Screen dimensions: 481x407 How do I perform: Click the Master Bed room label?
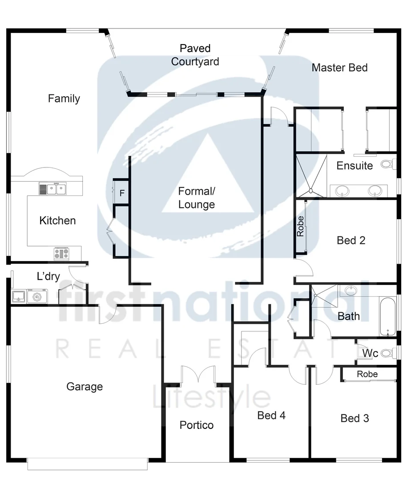click(x=339, y=68)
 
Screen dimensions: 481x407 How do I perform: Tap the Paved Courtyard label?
click(x=195, y=55)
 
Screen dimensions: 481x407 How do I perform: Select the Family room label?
click(x=64, y=98)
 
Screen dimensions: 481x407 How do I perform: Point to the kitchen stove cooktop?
click(x=61, y=253)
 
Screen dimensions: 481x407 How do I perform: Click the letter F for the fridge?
click(x=122, y=193)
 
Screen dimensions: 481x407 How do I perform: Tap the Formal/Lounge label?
click(x=196, y=198)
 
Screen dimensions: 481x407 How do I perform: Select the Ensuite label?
click(x=355, y=166)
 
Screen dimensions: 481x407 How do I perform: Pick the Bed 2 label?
click(x=351, y=240)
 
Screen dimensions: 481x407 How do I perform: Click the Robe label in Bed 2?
click(x=301, y=226)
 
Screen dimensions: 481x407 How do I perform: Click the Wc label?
click(x=370, y=354)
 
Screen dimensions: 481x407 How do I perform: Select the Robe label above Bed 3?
click(x=367, y=374)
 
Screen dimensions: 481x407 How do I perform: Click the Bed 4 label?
click(x=271, y=416)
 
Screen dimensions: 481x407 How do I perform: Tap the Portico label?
click(x=197, y=425)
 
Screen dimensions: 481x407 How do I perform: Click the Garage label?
click(x=85, y=387)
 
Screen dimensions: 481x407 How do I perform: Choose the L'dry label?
click(x=48, y=277)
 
